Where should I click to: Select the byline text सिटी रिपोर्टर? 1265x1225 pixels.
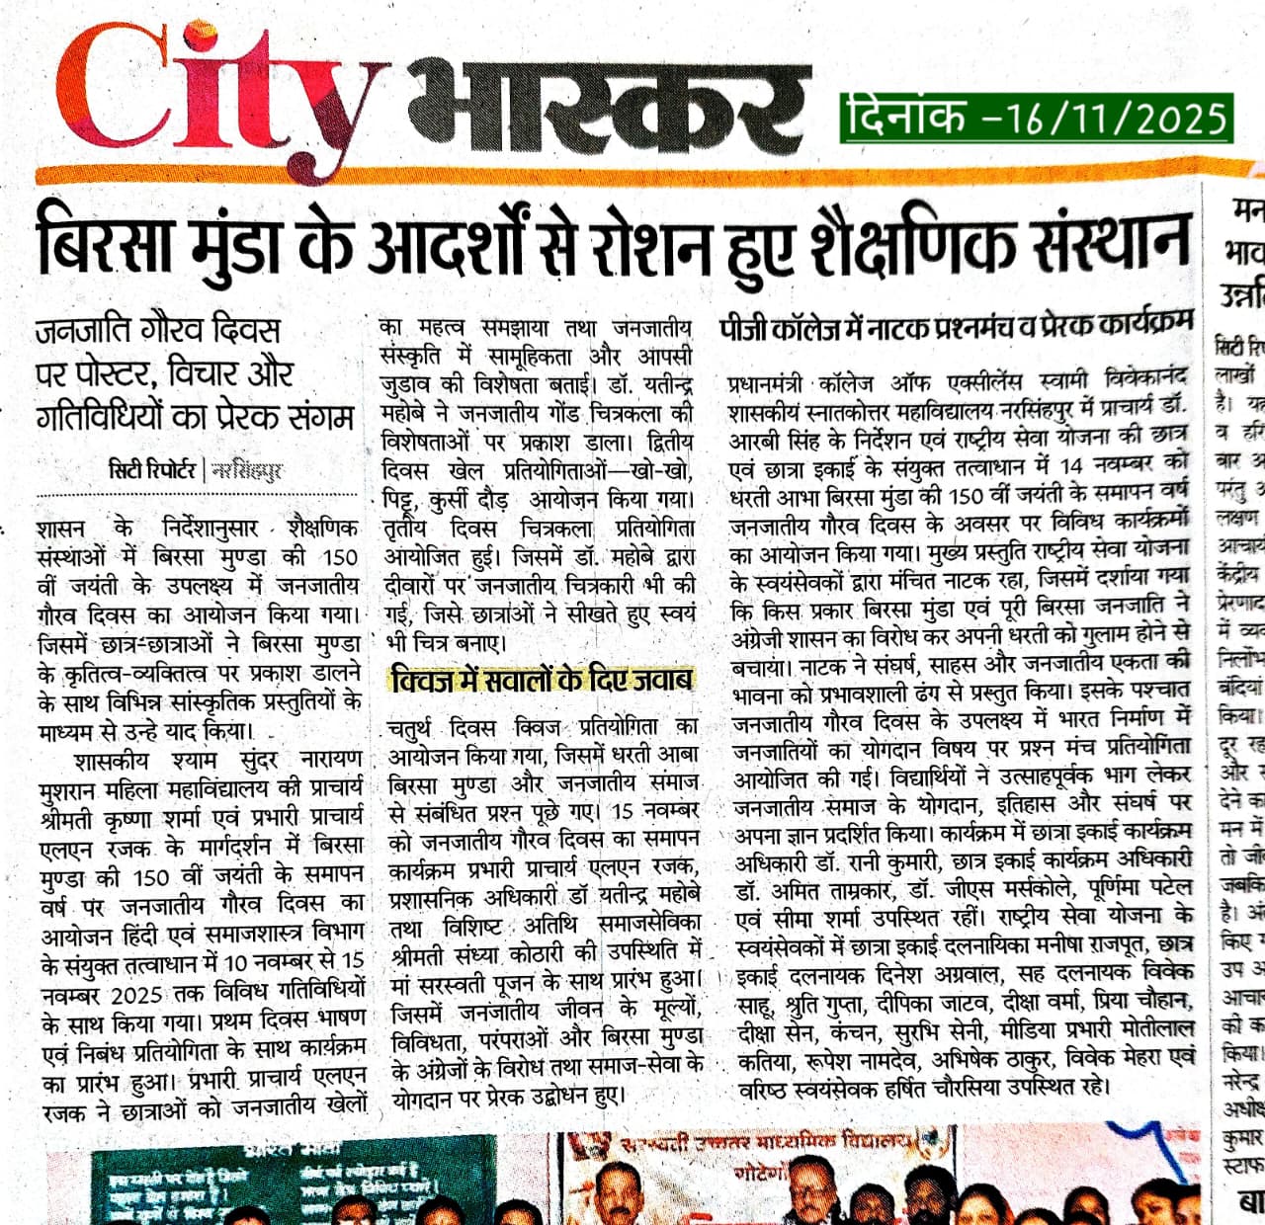pyautogui.click(x=153, y=469)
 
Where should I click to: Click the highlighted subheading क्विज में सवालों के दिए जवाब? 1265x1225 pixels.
pyautogui.click(x=541, y=680)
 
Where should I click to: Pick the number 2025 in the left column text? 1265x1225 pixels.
pyautogui.click(x=136, y=993)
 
